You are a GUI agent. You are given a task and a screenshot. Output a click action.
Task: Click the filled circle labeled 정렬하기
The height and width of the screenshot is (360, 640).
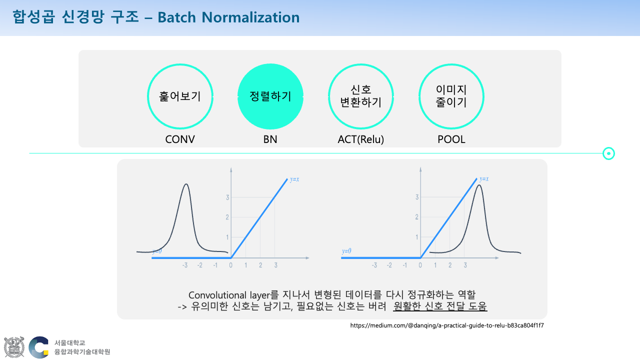[x=270, y=96]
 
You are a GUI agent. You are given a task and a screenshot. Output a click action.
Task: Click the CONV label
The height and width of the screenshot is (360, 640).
[x=180, y=139]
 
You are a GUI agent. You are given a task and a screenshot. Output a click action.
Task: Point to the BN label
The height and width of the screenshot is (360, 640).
[x=270, y=139]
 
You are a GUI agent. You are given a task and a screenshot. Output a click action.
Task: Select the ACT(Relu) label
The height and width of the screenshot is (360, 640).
[x=361, y=139]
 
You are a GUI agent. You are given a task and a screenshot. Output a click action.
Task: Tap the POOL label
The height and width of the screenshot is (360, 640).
[x=451, y=139]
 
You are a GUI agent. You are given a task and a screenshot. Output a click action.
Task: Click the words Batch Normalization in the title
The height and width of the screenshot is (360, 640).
[x=228, y=17]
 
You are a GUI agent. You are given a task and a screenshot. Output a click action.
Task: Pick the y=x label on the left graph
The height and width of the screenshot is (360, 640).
[x=294, y=179]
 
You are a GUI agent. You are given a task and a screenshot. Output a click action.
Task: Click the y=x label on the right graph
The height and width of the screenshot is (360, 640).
[x=484, y=179]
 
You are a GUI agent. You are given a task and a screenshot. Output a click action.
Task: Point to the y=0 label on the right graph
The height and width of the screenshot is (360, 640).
[x=346, y=251]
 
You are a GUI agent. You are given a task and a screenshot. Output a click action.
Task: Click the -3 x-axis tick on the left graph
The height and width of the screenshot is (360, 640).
[x=185, y=265]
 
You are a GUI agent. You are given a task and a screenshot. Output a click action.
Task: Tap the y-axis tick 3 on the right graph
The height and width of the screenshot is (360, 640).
[x=417, y=197]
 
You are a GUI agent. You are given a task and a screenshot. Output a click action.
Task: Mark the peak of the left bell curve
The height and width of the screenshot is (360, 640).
[x=186, y=184]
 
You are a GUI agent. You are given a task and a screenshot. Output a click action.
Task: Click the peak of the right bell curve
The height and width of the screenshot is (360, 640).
[x=479, y=185]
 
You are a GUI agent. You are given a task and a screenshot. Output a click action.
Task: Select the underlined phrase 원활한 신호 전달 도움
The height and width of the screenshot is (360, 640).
[x=440, y=306]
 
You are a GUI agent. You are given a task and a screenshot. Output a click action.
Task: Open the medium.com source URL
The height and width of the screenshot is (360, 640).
[x=447, y=325]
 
